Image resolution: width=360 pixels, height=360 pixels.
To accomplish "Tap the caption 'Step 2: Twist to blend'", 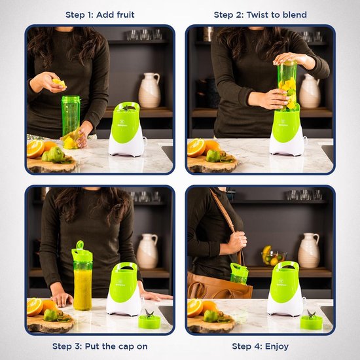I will [x=260, y=14].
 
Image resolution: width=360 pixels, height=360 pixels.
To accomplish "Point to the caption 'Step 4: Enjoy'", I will [x=260, y=346].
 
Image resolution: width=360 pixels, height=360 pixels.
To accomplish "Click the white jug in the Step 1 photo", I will [x=149, y=90].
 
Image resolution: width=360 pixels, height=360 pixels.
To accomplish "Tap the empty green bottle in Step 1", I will [x=71, y=117].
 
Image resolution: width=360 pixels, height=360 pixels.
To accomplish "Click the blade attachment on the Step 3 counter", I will [x=149, y=320].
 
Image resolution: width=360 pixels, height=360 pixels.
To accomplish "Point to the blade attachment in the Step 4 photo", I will [x=311, y=320].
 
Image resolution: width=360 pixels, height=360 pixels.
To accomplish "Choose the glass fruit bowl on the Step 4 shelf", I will [x=274, y=257].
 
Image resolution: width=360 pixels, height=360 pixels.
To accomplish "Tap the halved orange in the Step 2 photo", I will [x=196, y=148].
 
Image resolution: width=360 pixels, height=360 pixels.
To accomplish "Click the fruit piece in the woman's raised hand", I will [x=58, y=82].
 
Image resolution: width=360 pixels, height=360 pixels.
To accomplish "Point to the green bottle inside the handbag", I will [x=240, y=274].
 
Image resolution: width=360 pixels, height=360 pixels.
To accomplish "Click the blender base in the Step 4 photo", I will [x=285, y=289].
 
